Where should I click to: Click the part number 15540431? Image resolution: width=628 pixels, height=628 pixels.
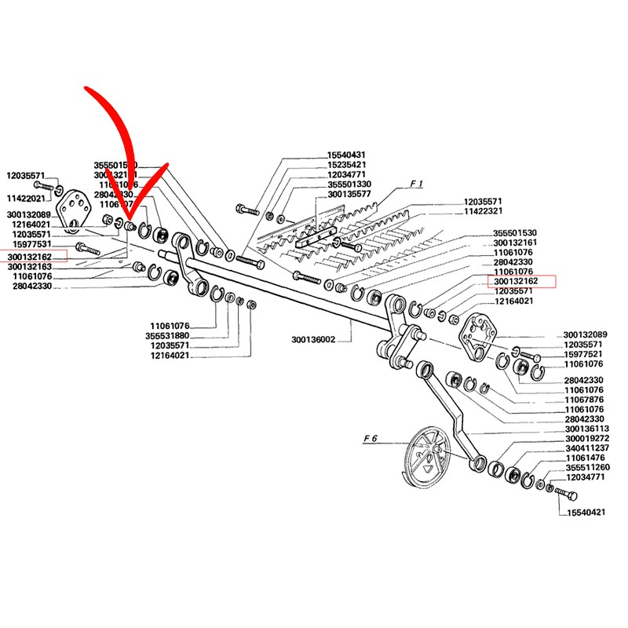[347, 155]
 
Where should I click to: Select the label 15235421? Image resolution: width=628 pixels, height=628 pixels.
[347, 165]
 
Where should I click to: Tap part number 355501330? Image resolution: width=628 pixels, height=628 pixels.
[349, 184]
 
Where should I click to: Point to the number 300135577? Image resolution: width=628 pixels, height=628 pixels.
[349, 193]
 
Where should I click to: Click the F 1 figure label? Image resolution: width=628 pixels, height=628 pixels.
[415, 184]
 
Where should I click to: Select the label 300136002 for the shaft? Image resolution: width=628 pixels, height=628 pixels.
[313, 340]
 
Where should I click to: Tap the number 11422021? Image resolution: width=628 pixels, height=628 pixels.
[26, 199]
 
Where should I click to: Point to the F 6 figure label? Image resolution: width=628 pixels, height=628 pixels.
[371, 439]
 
